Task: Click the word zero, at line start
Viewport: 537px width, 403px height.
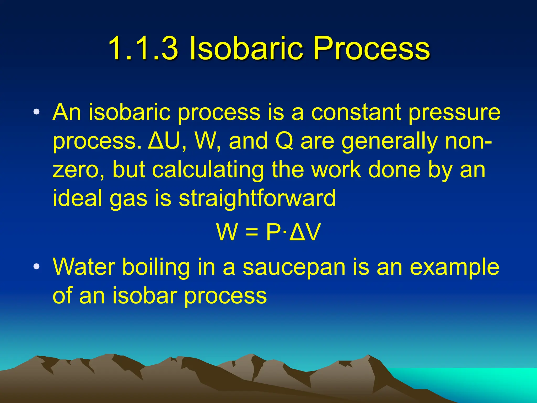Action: [x=79, y=170]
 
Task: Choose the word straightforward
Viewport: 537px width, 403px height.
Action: [x=257, y=198]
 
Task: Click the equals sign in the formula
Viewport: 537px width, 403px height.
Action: [x=252, y=232]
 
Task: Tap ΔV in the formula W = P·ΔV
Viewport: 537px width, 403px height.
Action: [x=305, y=232]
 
